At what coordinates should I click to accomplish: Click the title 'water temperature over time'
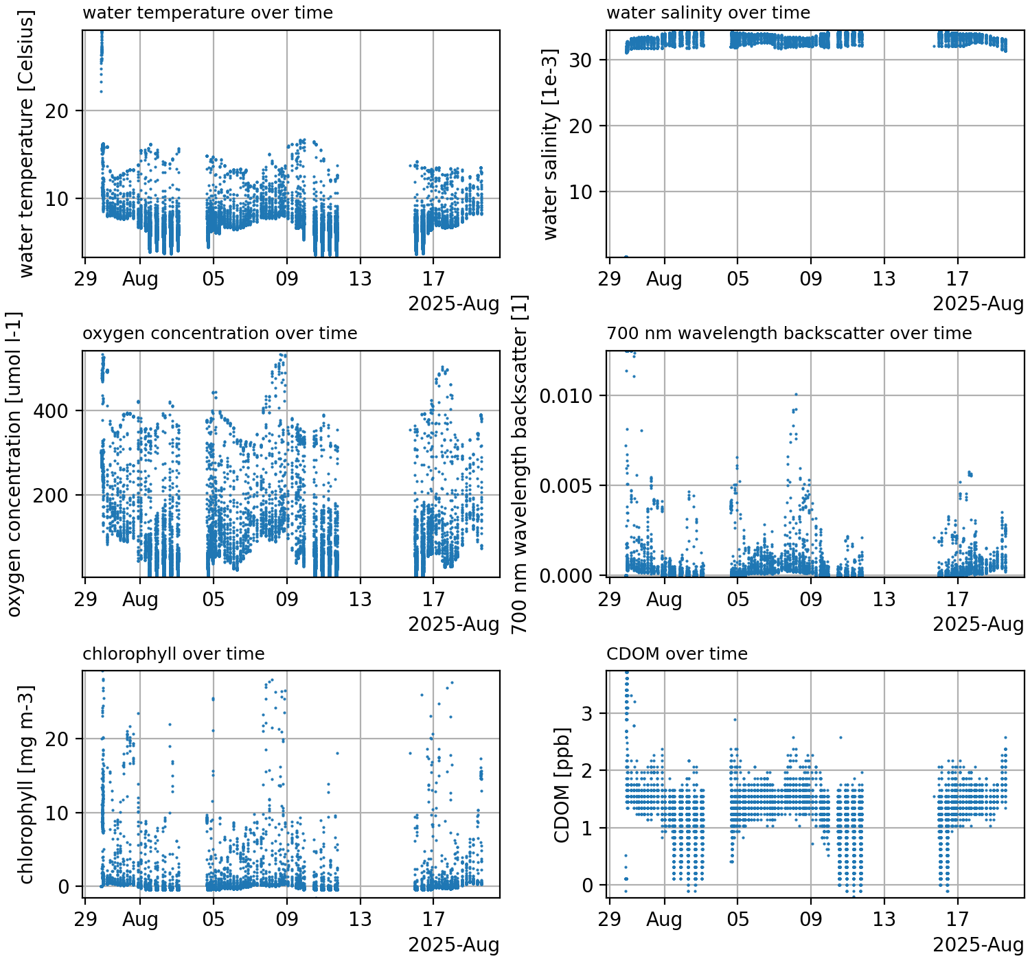(207, 13)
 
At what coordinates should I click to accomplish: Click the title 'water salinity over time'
(708, 13)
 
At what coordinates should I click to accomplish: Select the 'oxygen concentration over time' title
(220, 334)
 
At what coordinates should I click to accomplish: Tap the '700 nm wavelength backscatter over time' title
(789, 334)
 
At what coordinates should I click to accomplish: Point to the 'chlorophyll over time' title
(173, 654)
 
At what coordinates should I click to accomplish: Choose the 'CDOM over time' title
(676, 654)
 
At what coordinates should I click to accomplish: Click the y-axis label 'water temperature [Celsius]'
(26, 144)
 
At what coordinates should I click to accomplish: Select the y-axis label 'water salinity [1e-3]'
(550, 144)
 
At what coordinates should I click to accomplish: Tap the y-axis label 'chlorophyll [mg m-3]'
(26, 785)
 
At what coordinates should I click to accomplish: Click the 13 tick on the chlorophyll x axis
(360, 919)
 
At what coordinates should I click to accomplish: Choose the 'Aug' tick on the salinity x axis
(664, 279)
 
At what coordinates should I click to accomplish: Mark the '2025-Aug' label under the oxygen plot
(454, 624)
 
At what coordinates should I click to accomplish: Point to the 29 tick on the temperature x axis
(85, 279)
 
